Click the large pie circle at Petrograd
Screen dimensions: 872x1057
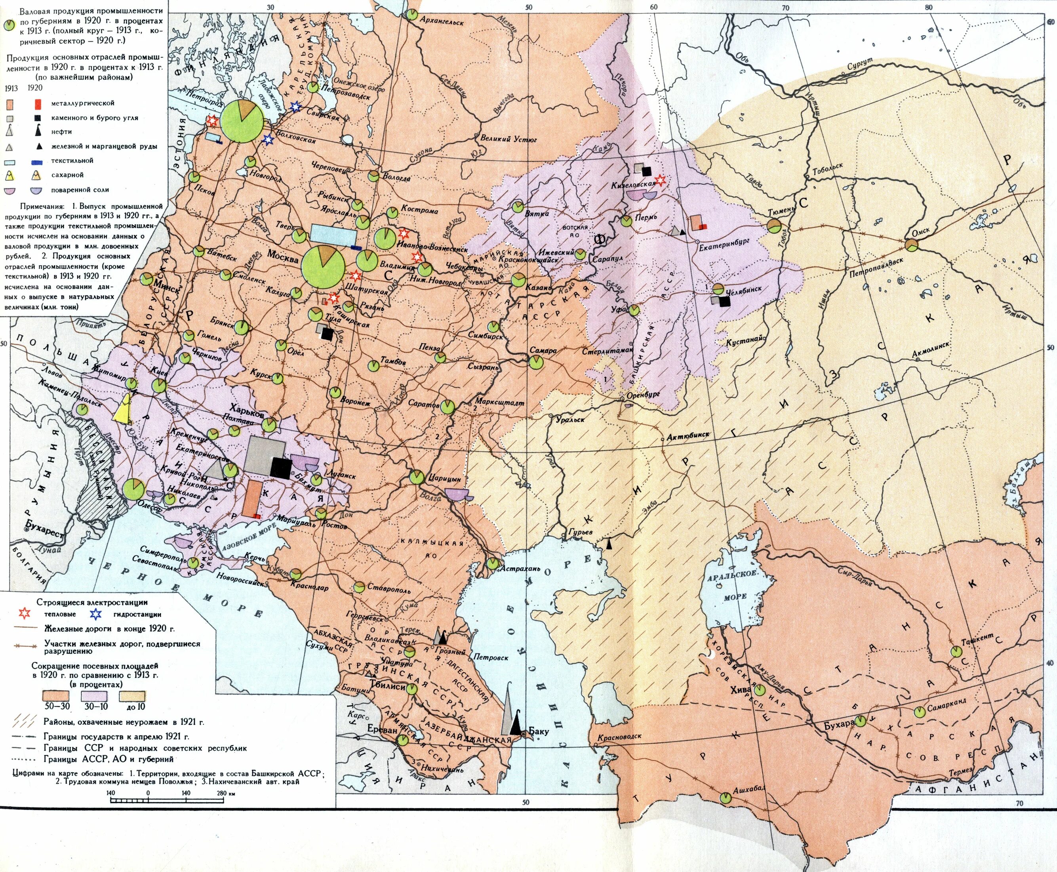point(242,122)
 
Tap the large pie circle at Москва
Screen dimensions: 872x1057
point(323,267)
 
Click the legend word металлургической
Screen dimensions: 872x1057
point(82,103)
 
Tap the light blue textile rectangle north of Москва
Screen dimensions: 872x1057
point(333,235)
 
